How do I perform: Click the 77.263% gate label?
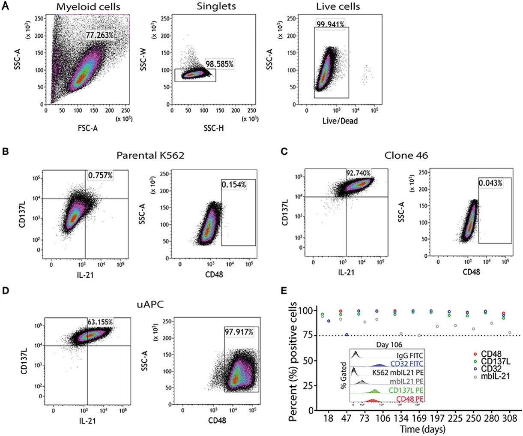[99, 35]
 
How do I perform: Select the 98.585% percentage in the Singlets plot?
[219, 64]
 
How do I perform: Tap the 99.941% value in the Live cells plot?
[330, 24]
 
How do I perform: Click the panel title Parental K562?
[151, 155]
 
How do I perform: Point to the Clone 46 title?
[406, 155]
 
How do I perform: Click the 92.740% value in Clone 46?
[359, 173]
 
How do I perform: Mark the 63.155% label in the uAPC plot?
[100, 322]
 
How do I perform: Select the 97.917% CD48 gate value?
[239, 332]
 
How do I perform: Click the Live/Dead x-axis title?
[340, 121]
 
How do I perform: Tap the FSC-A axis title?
[87, 127]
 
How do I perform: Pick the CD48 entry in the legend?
[491, 354]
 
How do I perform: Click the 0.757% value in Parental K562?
[100, 175]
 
